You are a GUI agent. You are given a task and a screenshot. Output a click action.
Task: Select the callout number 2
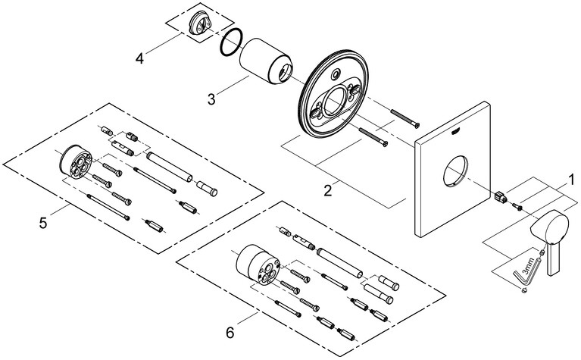click(x=328, y=190)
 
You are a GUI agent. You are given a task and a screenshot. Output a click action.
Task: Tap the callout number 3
click(x=212, y=99)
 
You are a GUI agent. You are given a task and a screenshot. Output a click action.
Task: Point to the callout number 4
click(x=139, y=56)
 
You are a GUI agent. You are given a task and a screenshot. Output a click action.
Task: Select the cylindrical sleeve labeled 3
click(x=267, y=67)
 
